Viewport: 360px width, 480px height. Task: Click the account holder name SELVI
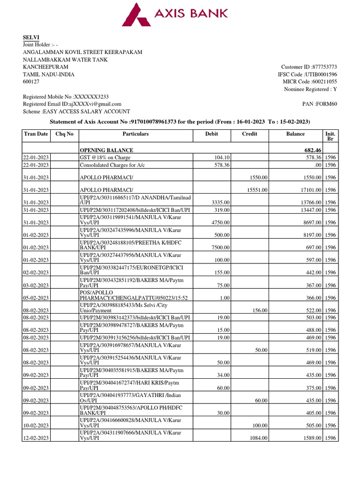30,37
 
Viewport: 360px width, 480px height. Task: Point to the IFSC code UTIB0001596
321,75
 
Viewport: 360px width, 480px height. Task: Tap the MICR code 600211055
321,82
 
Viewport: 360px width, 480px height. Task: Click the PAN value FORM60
327,104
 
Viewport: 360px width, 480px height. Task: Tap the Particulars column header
135,134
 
